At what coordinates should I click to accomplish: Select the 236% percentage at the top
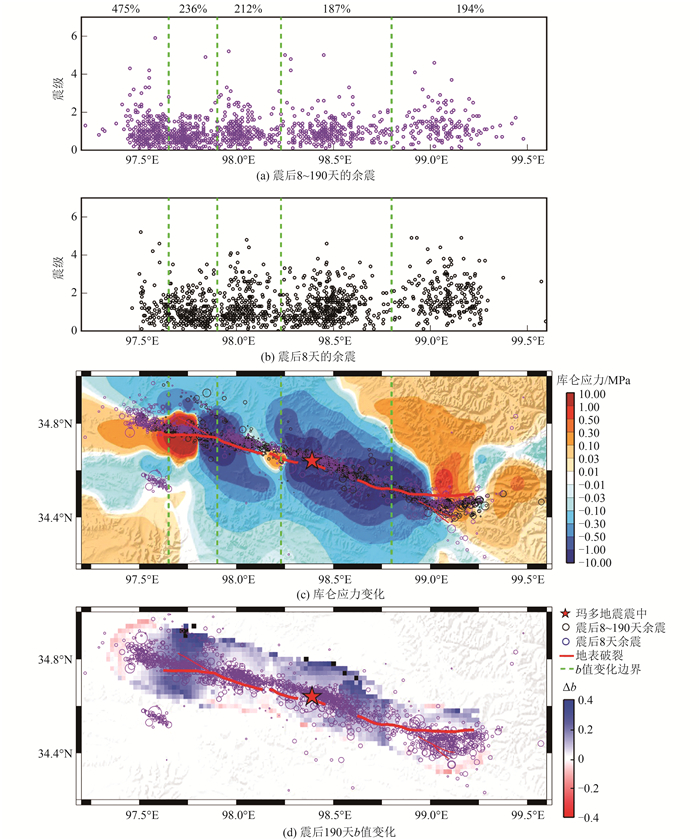pos(193,9)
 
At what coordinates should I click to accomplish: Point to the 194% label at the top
pos(469,9)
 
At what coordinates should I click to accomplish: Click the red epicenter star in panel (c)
pos(313,460)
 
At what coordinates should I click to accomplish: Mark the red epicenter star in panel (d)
pos(312,696)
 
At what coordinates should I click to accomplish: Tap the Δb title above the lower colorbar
pos(573,689)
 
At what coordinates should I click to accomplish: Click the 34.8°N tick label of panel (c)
pos(57,424)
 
